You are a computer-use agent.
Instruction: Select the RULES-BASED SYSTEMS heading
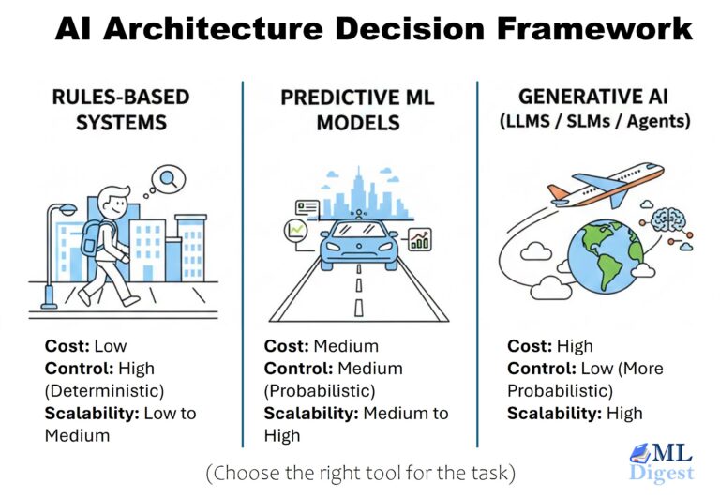coord(120,110)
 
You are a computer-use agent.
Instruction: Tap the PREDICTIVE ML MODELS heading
coord(359,110)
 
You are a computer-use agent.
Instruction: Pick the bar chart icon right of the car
coord(418,239)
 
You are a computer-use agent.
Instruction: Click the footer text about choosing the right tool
coord(360,472)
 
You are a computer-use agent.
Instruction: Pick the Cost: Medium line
coord(322,346)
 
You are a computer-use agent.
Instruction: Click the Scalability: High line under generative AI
coord(575,413)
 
